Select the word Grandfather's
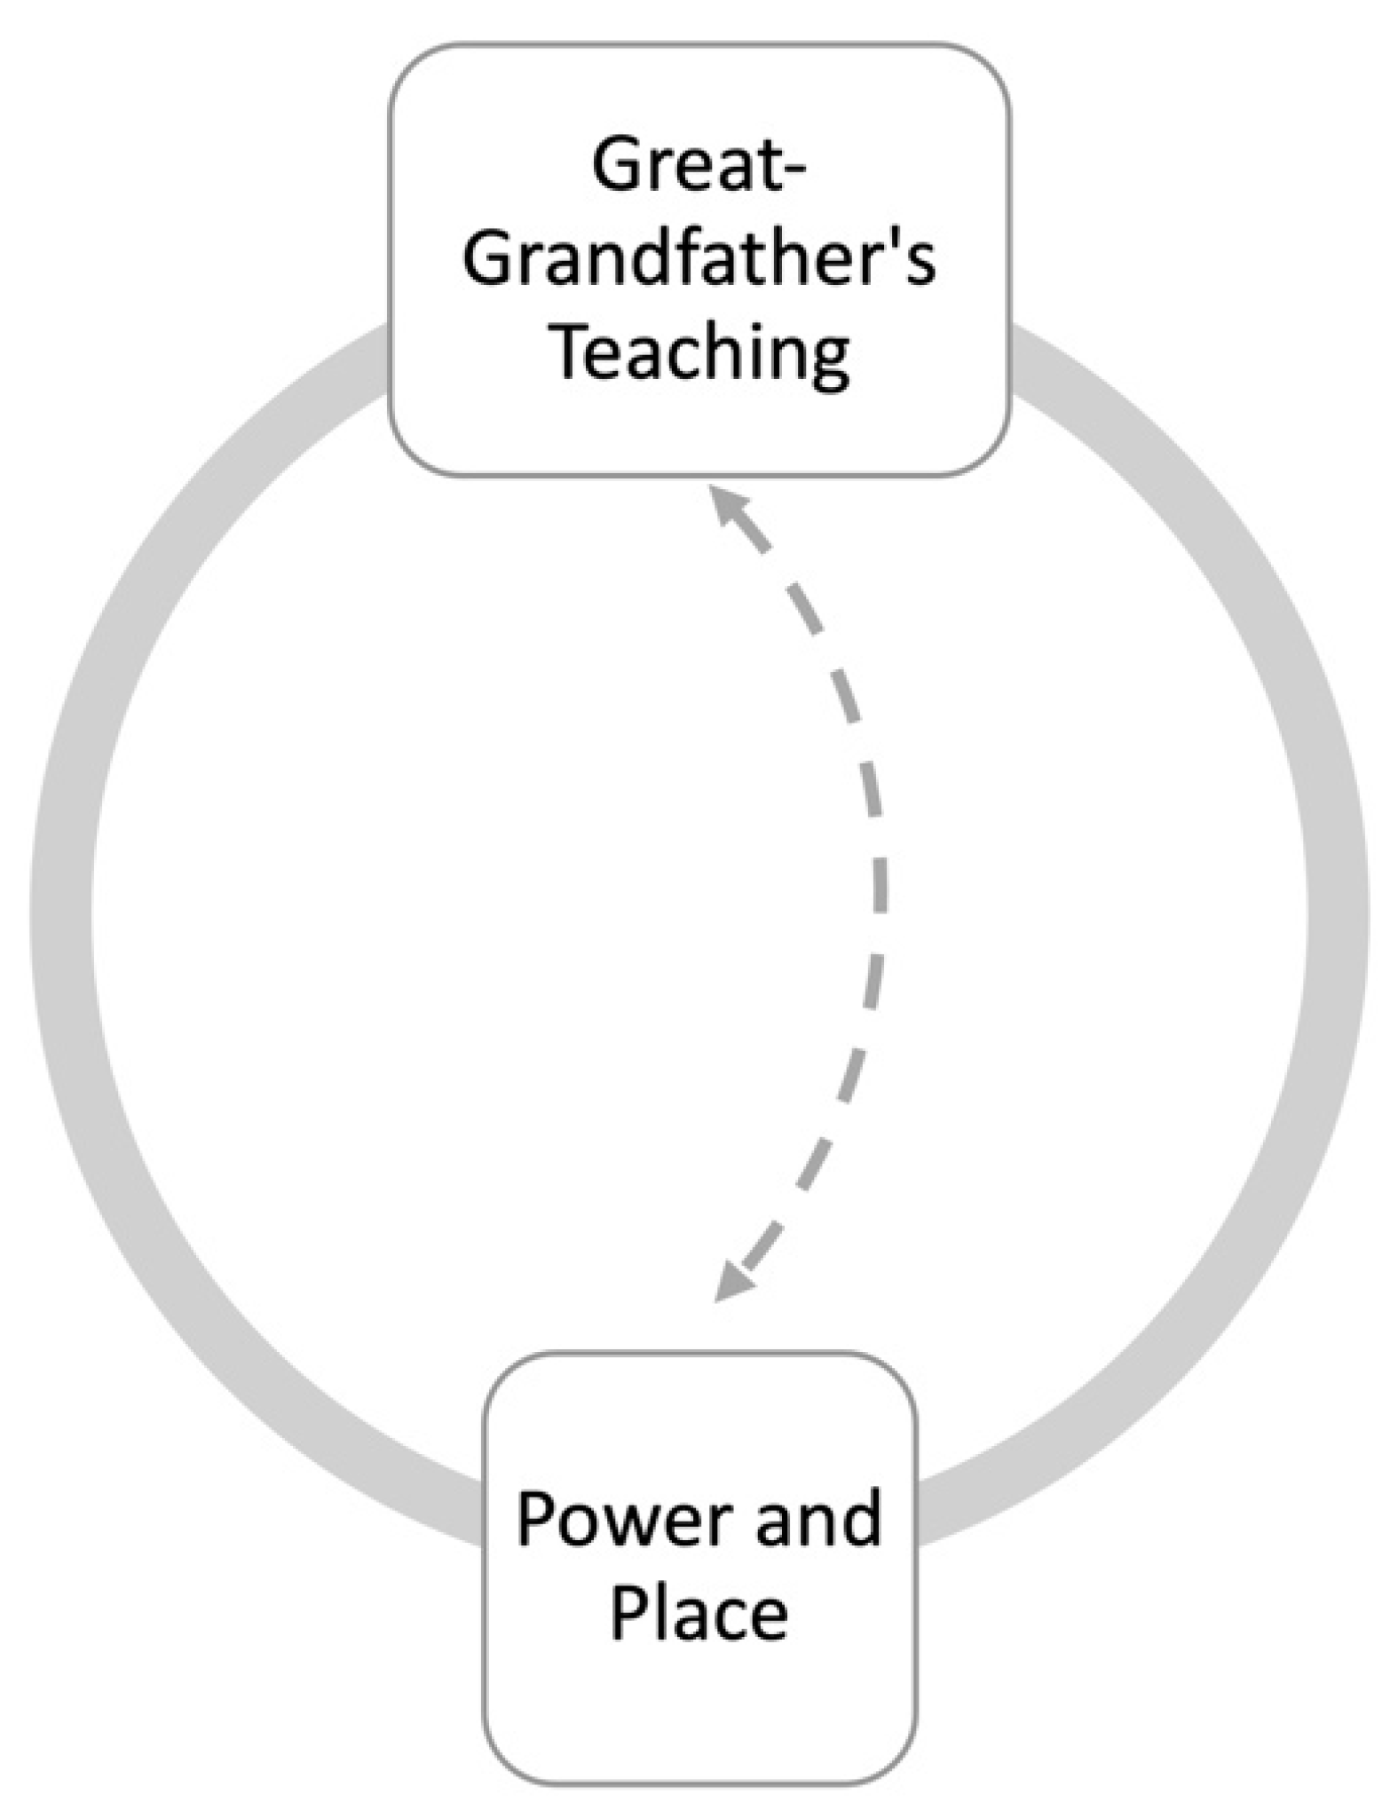[x=699, y=259]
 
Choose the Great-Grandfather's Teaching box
[x=699, y=426]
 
